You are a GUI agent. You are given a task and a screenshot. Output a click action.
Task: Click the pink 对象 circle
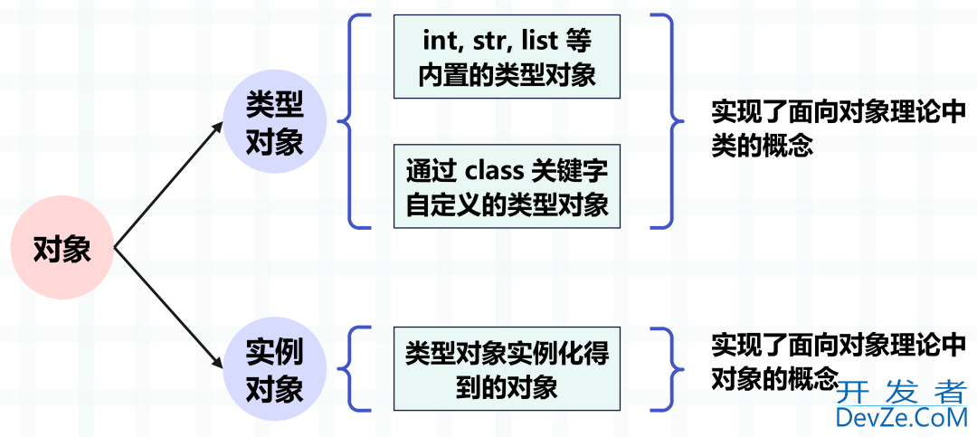point(62,248)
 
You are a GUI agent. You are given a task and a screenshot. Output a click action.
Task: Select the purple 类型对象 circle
point(275,121)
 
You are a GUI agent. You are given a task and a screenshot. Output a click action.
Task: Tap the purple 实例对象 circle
point(275,370)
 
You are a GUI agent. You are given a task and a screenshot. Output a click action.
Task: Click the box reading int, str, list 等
point(507,56)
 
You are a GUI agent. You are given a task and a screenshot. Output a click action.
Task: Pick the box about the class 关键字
point(507,185)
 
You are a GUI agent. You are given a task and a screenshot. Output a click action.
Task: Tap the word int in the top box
point(438,41)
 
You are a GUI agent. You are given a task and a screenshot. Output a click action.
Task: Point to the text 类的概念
point(762,145)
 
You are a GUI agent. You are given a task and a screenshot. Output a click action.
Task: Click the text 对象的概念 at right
point(774,377)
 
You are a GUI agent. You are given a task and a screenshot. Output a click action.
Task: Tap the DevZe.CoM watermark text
point(901,417)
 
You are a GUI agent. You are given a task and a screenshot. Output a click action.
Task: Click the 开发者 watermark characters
point(901,392)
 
